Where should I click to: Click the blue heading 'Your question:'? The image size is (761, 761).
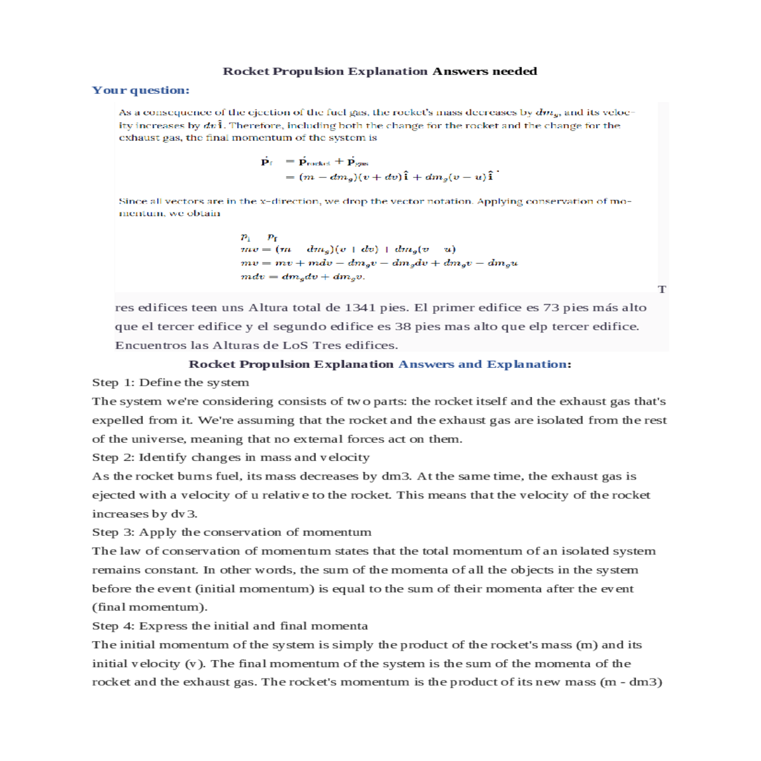tap(140, 90)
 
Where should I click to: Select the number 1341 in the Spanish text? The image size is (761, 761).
tap(360, 308)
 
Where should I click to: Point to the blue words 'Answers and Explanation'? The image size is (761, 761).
tap(482, 364)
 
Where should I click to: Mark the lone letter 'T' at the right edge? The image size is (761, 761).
tap(662, 290)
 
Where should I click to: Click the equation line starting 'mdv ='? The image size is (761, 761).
tap(302, 276)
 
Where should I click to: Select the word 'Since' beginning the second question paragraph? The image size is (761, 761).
tap(131, 201)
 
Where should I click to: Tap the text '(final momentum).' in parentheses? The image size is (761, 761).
tap(150, 607)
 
